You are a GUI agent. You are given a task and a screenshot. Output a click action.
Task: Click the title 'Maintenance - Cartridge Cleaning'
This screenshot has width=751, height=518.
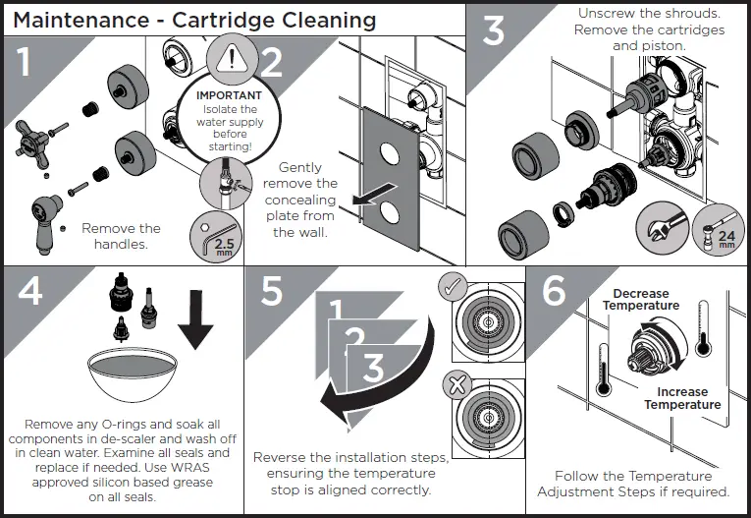click(x=194, y=20)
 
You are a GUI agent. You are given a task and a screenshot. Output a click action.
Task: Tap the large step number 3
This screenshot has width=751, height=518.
click(x=494, y=31)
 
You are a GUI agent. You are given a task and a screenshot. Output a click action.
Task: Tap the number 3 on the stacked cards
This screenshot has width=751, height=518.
click(x=372, y=370)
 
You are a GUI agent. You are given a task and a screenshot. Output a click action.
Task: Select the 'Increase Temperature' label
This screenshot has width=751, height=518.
click(x=682, y=398)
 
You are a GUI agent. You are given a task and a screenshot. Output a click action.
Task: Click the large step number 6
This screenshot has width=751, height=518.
click(x=555, y=292)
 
